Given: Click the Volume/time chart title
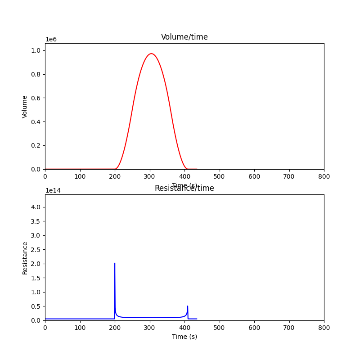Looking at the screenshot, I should (x=184, y=37).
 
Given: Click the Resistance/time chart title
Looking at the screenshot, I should (x=184, y=188).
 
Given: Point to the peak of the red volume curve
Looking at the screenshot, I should (x=151, y=54).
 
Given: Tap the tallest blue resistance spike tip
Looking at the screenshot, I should (x=115, y=263).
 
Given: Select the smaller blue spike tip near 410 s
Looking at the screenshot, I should (x=188, y=306).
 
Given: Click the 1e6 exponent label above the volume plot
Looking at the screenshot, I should (x=51, y=39).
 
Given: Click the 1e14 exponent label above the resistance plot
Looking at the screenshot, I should (x=53, y=190).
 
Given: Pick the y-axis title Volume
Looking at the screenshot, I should (x=25, y=107).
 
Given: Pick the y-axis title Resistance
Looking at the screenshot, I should (x=25, y=258).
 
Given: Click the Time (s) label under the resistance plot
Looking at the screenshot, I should (x=184, y=337).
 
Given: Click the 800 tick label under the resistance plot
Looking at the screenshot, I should (x=324, y=328).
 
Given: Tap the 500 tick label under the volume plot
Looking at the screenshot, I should (x=220, y=177).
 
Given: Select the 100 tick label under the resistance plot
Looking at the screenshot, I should (x=80, y=328).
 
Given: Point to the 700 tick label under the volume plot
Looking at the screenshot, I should (x=289, y=177).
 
